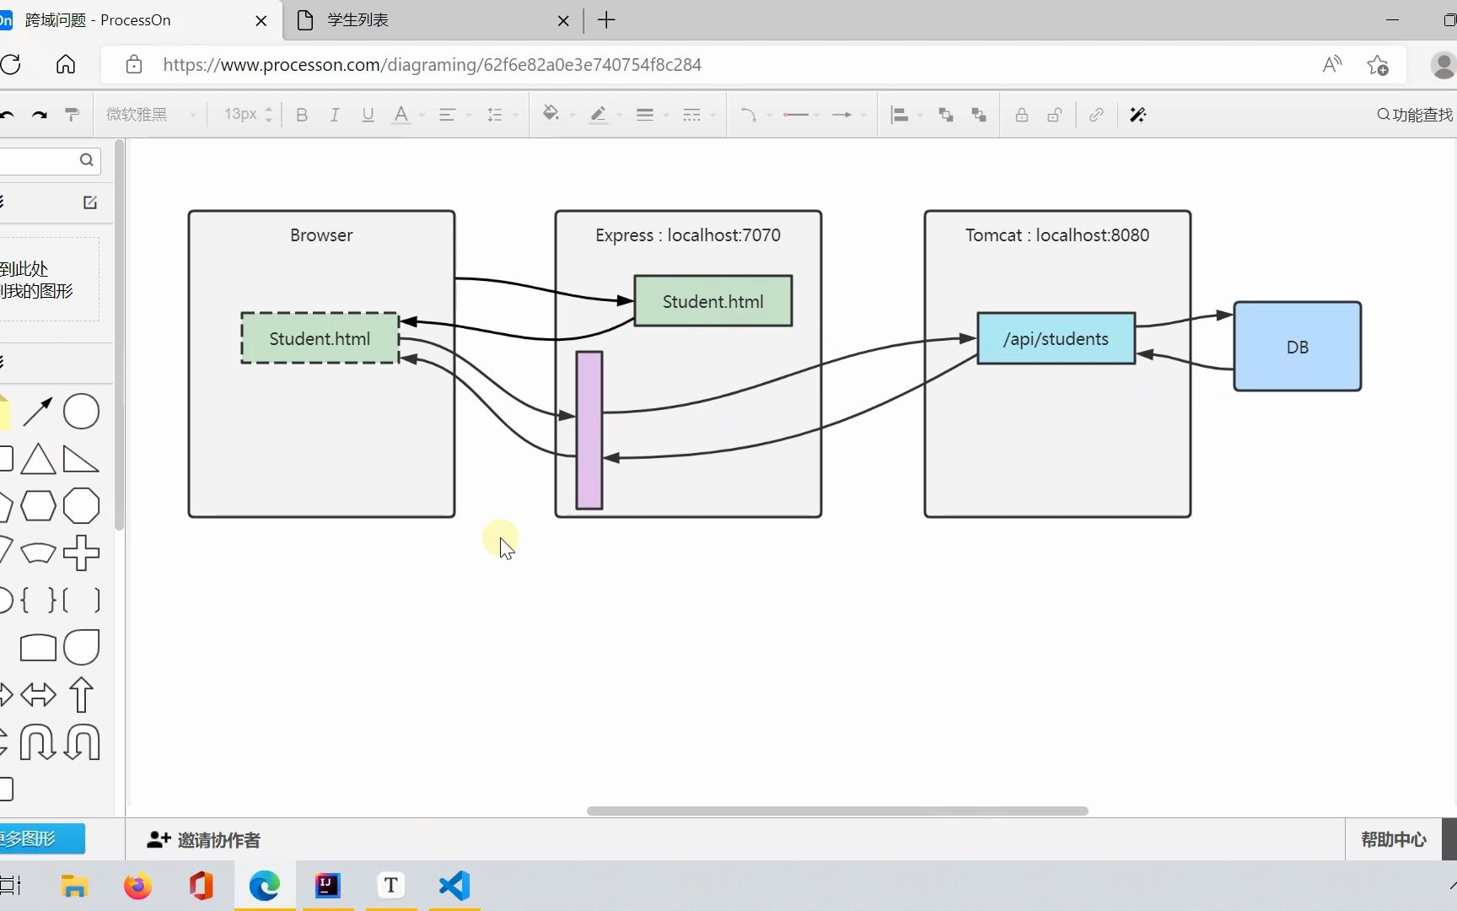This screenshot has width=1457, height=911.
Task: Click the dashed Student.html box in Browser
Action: [x=320, y=338]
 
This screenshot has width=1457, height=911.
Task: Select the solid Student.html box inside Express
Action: [x=712, y=301]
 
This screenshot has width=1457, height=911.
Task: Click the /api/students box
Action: [x=1056, y=338]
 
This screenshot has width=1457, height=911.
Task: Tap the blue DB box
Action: [x=1297, y=347]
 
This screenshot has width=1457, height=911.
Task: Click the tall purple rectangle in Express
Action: [x=589, y=430]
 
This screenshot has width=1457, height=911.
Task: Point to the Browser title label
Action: [x=321, y=235]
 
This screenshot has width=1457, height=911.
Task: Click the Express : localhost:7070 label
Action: [x=688, y=235]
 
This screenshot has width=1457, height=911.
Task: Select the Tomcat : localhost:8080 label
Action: [x=1057, y=235]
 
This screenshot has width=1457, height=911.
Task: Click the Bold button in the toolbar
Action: [x=302, y=115]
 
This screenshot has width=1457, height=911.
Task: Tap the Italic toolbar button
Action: [x=335, y=115]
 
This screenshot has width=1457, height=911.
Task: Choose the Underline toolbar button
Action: [x=368, y=115]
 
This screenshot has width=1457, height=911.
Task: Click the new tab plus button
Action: [x=606, y=20]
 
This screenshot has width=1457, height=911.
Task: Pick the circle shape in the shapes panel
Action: [x=82, y=412]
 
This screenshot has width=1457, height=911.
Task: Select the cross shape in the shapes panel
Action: [x=82, y=553]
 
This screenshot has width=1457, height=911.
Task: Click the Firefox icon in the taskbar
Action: [x=138, y=886]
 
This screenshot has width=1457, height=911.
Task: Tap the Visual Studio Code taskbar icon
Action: [x=454, y=886]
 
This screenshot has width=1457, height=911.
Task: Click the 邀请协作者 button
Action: [x=204, y=840]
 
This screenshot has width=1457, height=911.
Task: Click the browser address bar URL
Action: [x=432, y=65]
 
